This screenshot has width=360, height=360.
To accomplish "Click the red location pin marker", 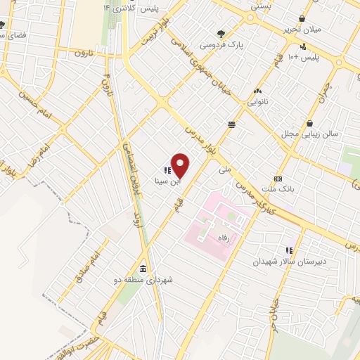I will click(181, 165).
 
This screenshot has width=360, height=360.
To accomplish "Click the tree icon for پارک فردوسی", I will click(221, 33).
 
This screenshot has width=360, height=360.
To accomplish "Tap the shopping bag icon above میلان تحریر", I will click(302, 19).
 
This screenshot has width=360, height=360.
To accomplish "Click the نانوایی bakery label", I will click(257, 102).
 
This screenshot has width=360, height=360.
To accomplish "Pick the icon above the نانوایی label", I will click(257, 91).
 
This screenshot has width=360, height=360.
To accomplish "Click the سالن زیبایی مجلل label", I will click(316, 134).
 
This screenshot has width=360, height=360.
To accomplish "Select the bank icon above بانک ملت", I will click(278, 179).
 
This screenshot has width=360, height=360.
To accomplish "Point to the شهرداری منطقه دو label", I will click(146, 280).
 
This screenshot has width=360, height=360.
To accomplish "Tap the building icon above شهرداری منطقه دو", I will click(143, 269).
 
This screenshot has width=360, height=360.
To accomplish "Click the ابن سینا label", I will click(167, 181).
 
